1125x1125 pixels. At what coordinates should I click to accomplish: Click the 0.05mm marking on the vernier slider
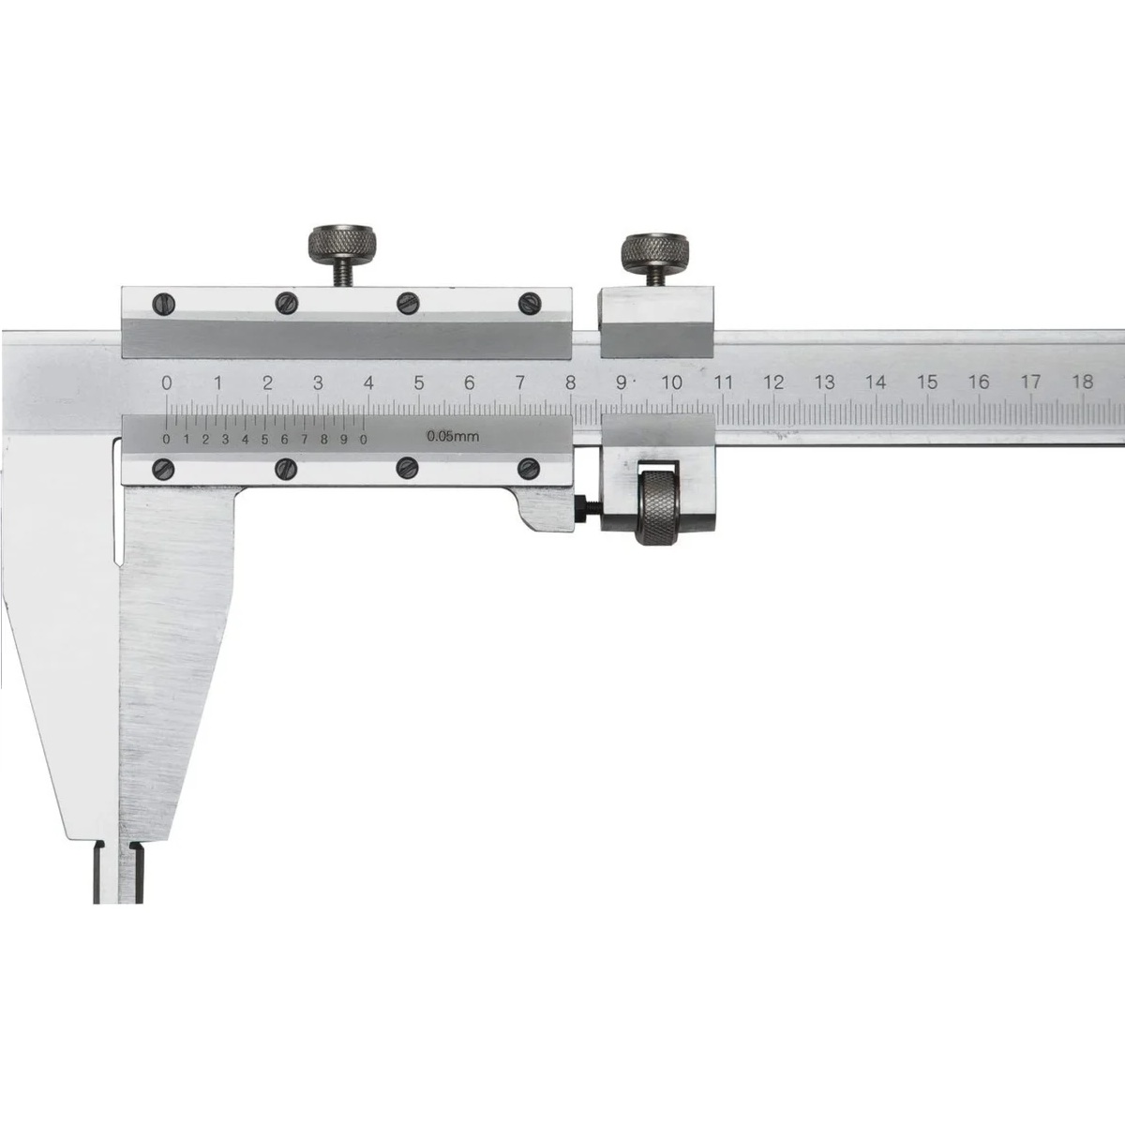[453, 436]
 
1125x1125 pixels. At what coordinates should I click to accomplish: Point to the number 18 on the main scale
[1082, 382]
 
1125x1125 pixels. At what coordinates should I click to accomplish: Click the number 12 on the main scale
[772, 382]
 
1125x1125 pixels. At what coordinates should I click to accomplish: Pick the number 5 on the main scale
[418, 383]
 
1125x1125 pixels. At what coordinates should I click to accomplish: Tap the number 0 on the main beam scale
[167, 383]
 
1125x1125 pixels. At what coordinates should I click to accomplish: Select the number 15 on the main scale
[927, 382]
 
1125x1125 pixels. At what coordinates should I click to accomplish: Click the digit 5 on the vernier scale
[265, 440]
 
